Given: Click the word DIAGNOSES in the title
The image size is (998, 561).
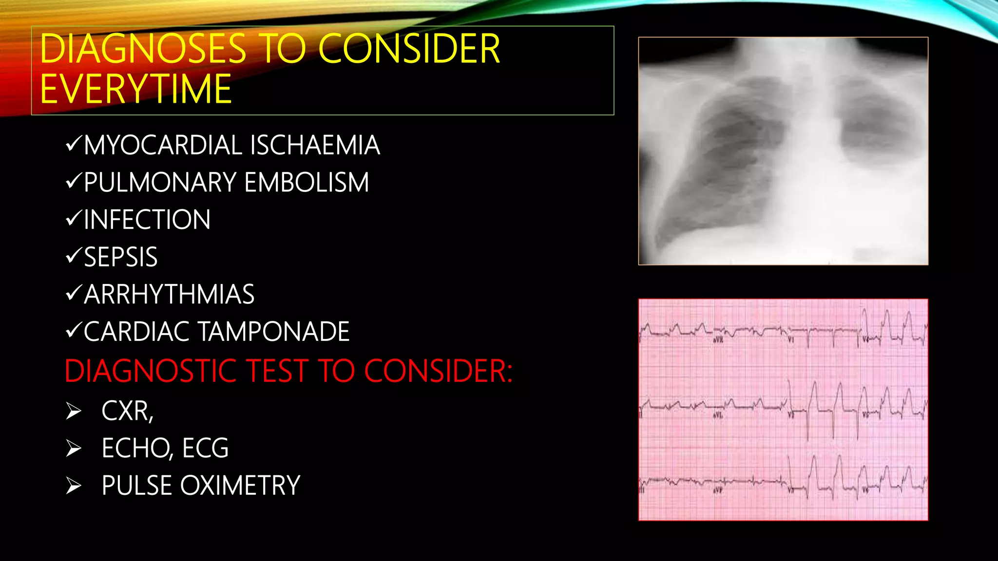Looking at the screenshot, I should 143,49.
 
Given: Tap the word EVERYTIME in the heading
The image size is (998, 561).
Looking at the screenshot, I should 135,89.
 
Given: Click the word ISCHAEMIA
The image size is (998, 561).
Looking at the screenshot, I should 315,145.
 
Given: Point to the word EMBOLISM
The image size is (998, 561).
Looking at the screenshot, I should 307,183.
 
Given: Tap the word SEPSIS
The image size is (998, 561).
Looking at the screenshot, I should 121,257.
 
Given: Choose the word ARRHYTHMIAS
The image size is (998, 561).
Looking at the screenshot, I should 169,295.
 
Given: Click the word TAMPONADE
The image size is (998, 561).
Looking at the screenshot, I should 273,332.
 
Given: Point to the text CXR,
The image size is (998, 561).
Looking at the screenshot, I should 127,411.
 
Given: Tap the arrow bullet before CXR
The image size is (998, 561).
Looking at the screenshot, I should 74,411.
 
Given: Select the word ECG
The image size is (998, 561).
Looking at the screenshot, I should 205,448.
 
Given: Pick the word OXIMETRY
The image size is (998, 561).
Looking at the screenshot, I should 240,486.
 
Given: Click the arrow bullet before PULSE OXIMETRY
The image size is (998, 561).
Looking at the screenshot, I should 74,486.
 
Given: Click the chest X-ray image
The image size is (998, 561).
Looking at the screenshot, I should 783,151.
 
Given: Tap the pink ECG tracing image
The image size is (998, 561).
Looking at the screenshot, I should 783,410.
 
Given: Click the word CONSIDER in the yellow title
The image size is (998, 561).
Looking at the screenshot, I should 409,49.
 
